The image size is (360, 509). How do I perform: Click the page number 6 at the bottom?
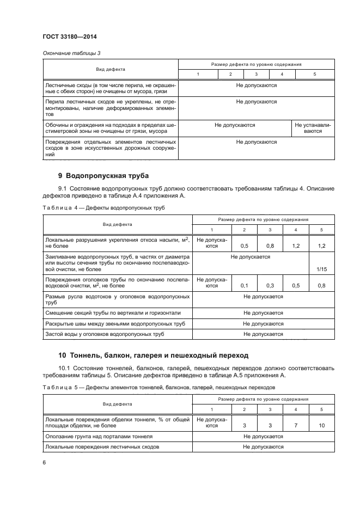[44, 462]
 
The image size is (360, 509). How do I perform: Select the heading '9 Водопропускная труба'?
[103, 176]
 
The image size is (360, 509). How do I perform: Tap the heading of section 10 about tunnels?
[153, 355]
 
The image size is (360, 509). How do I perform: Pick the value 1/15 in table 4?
[321, 268]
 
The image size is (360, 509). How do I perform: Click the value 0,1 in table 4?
[244, 285]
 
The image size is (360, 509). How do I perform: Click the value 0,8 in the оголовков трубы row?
[321, 285]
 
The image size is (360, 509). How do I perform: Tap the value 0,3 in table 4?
[270, 285]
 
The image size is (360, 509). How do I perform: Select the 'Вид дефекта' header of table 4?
[118, 224]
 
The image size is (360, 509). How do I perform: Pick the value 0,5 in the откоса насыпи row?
[244, 246]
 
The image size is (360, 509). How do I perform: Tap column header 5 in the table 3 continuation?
[314, 74]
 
